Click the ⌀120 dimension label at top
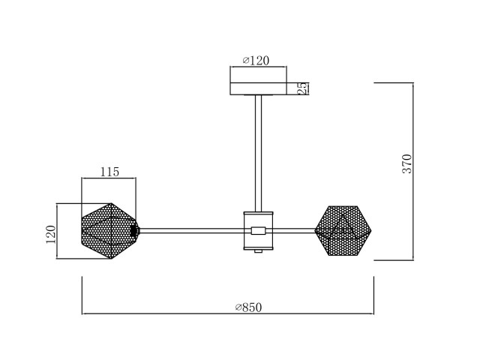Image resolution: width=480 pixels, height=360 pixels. pos(256,61)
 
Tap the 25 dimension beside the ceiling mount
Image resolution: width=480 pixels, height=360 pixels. pos(301,88)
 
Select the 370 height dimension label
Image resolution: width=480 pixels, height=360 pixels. pos(407,163)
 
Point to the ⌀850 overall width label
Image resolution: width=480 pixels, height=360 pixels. pos(248,307)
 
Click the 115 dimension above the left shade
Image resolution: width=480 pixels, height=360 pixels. pos(109,172)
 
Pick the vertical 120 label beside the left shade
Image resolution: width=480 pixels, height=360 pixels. pos(51,235)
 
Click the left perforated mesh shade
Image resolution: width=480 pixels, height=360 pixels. pos(110,231)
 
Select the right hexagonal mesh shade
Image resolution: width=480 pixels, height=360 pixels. pos(343,230)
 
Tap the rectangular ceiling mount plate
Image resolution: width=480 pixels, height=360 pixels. pos(258,88)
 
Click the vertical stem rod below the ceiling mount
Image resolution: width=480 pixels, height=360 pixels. pos(258,153)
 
